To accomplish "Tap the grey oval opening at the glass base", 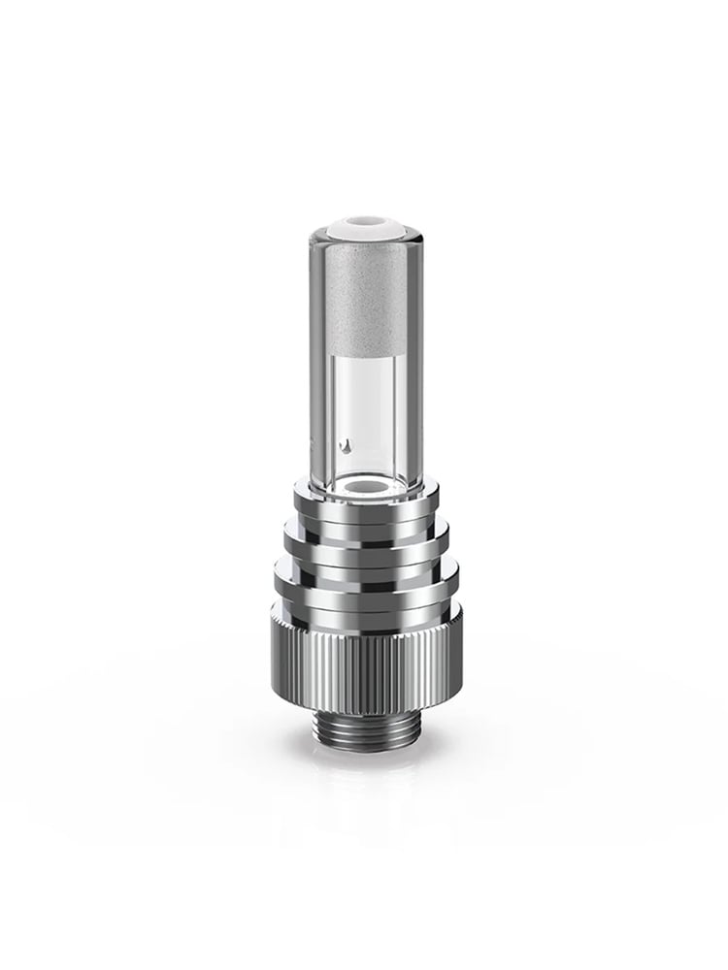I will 364,481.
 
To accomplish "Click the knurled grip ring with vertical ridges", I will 364,650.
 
